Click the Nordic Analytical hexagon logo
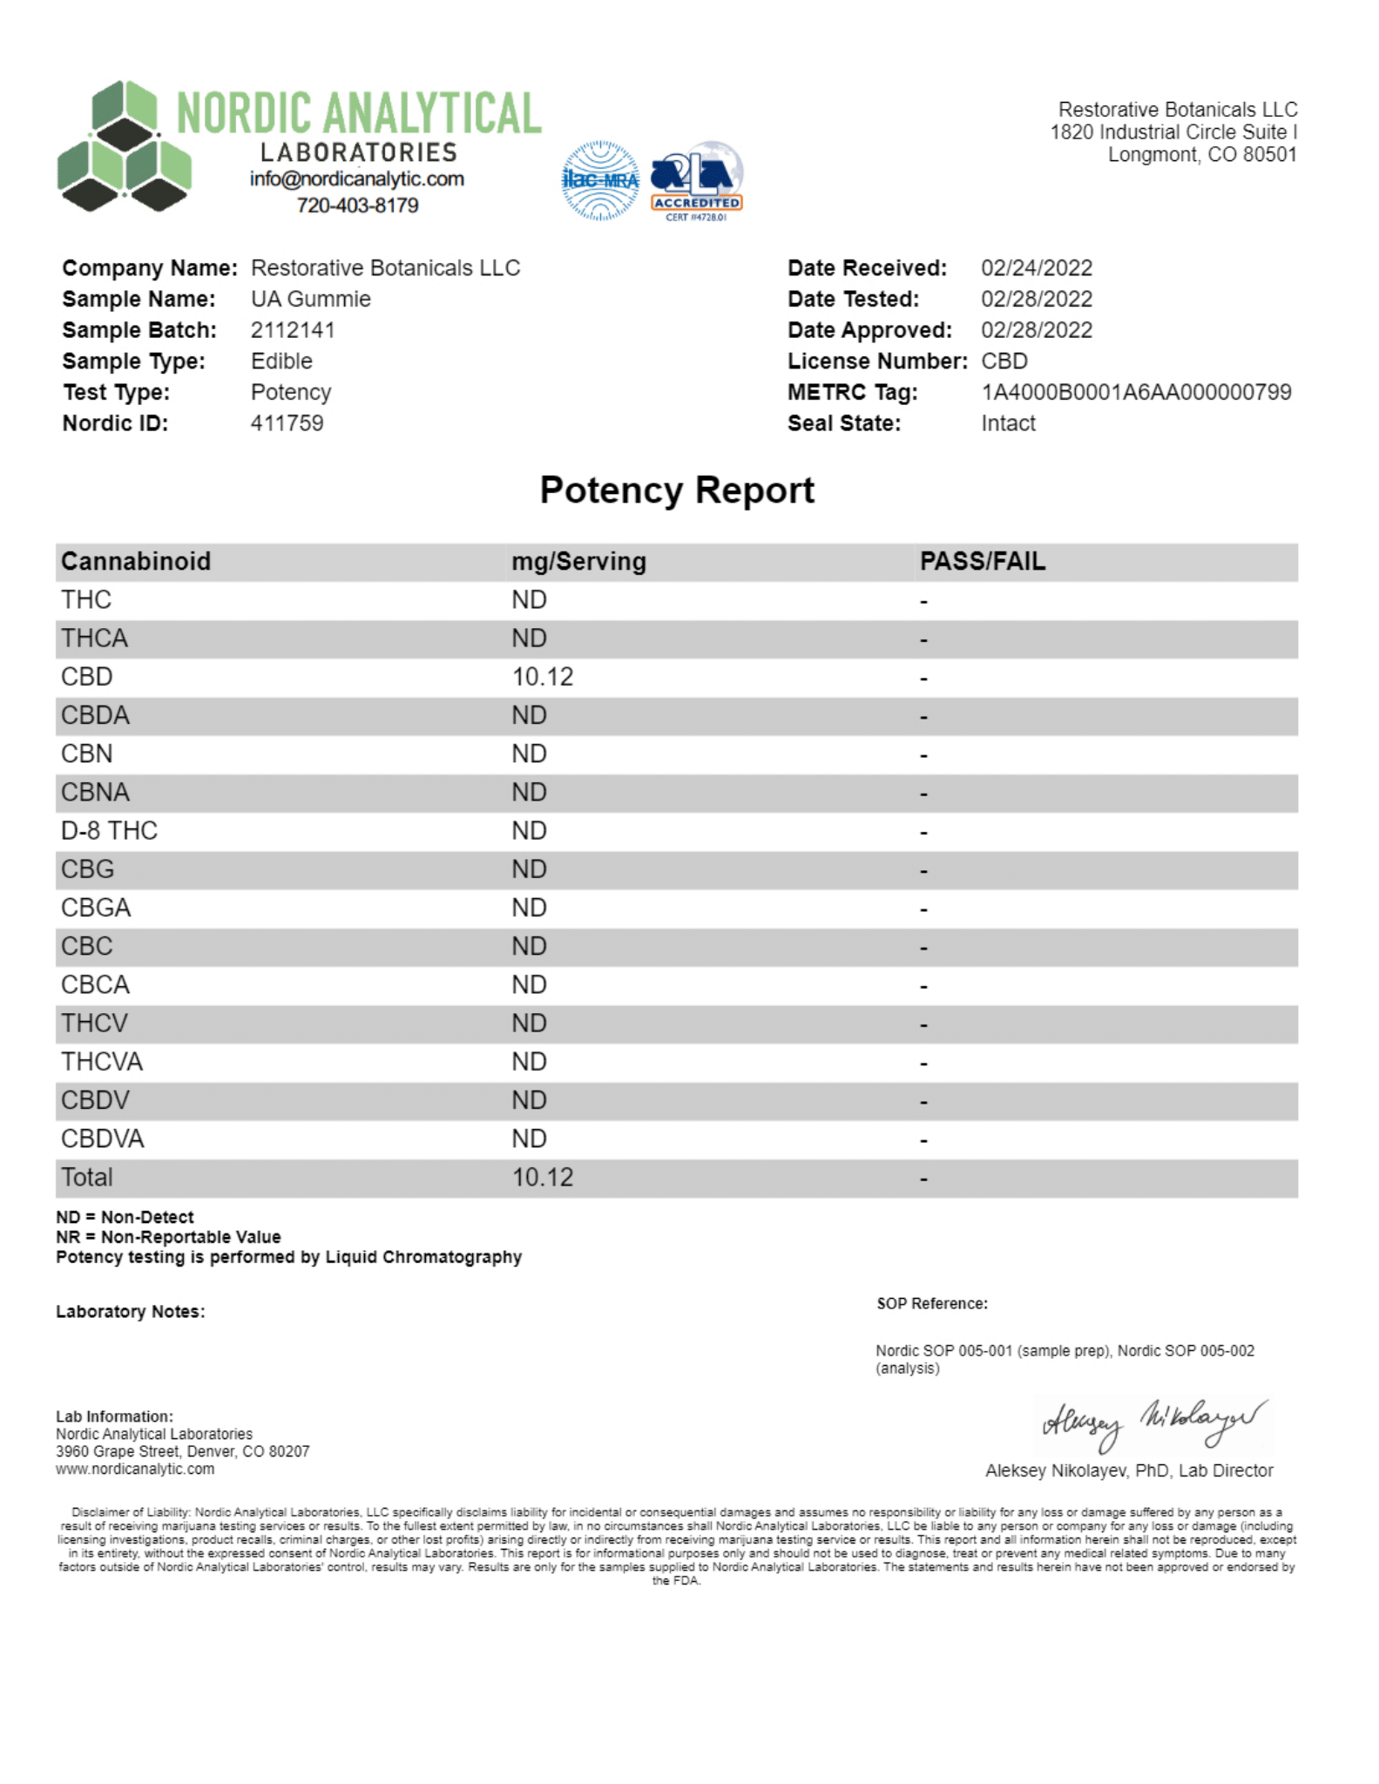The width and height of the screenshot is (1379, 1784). (x=124, y=146)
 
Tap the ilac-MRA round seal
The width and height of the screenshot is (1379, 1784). (x=600, y=180)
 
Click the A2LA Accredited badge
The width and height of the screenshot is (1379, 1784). (x=697, y=181)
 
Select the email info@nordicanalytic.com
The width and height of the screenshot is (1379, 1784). (x=356, y=179)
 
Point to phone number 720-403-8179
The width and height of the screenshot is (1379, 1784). (x=357, y=206)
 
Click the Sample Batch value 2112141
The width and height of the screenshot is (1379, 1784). (x=292, y=330)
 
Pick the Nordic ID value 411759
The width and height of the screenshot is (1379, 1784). (x=287, y=423)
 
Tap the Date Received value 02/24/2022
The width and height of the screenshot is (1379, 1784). (x=1036, y=268)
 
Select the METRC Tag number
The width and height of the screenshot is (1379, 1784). (x=1135, y=392)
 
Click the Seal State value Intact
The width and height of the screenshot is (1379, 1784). (x=1008, y=423)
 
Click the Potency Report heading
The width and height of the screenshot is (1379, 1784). (x=677, y=490)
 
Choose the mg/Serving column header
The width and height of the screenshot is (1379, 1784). (x=578, y=562)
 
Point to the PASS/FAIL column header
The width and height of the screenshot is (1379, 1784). (x=982, y=562)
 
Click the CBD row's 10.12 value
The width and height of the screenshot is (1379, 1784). (x=542, y=677)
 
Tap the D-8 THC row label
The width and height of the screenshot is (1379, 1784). (x=109, y=831)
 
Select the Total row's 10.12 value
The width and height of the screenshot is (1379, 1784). (x=542, y=1178)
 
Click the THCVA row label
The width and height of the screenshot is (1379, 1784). (x=101, y=1062)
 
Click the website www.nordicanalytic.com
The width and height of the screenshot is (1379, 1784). (x=135, y=1469)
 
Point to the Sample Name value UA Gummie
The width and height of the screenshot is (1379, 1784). (x=310, y=300)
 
